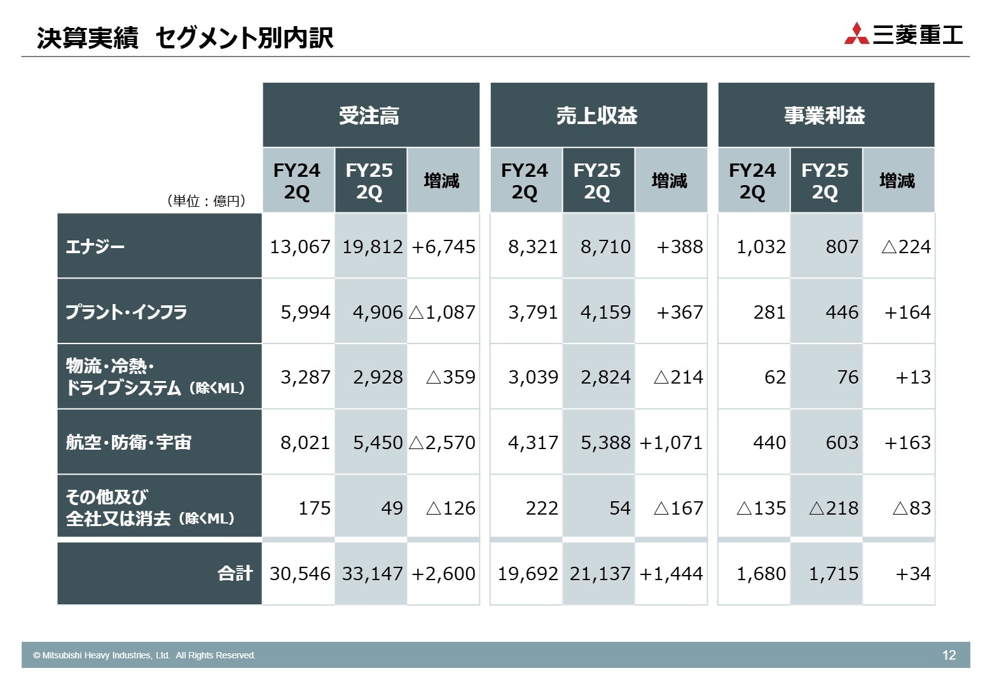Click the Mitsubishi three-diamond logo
pyautogui.click(x=857, y=34)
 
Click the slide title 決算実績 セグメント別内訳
pyautogui.click(x=185, y=38)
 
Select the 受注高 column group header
pyautogui.click(x=371, y=115)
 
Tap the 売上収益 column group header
pyautogui.click(x=598, y=115)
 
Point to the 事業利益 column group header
pyautogui.click(x=825, y=115)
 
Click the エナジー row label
pyautogui.click(x=95, y=246)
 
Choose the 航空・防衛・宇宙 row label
pyautogui.click(x=128, y=442)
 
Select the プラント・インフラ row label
pyautogui.click(x=126, y=312)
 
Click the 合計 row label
pyautogui.click(x=235, y=574)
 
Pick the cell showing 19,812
pyautogui.click(x=372, y=247)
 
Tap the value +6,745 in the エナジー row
pyautogui.click(x=443, y=247)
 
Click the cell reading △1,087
pyautogui.click(x=443, y=312)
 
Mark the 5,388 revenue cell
pyautogui.click(x=605, y=443)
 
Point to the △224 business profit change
pyautogui.click(x=906, y=247)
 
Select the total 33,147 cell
pyautogui.click(x=372, y=574)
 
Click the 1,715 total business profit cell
pyautogui.click(x=833, y=574)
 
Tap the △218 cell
pyautogui.click(x=833, y=508)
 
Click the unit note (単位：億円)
pyautogui.click(x=206, y=201)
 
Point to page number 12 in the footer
pyautogui.click(x=949, y=655)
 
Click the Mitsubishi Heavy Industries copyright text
pyautogui.click(x=144, y=655)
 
